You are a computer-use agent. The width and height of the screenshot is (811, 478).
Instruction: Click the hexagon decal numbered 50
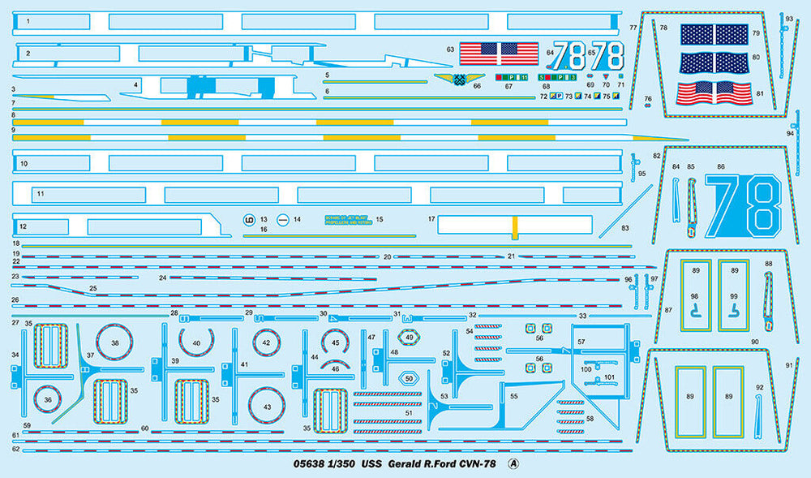coord(409,378)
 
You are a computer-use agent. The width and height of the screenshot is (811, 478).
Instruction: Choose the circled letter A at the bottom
coord(512,464)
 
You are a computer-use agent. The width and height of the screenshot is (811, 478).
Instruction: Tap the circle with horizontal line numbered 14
coord(283,219)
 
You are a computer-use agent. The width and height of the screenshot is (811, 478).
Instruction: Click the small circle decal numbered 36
coord(49,399)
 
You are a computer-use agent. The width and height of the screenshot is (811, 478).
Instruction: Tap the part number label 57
coord(581,342)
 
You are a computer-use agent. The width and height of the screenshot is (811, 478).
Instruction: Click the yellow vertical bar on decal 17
coord(513,227)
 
